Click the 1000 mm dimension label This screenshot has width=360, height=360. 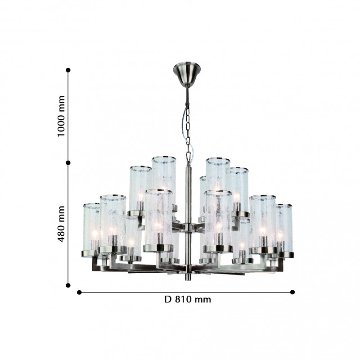pos(61,116)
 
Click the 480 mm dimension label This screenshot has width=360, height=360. pos(61,224)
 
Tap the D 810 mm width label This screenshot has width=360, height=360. pos(188,299)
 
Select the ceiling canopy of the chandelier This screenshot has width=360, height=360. pos(187,73)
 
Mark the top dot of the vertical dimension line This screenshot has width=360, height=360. pos(68,70)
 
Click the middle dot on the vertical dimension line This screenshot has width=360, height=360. pos(68,163)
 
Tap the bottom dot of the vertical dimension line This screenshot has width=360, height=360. pos(68,285)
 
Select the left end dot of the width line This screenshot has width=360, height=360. pos(79,292)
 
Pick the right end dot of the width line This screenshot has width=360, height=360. pos(292,292)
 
